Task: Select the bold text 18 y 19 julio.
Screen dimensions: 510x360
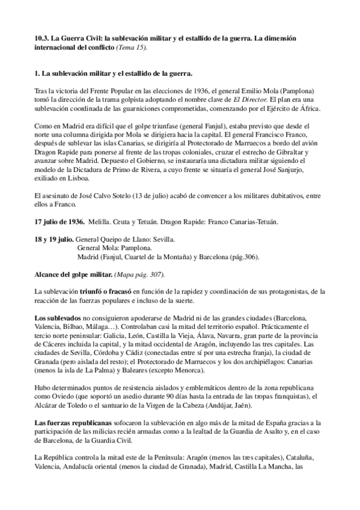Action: (x=55, y=239)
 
